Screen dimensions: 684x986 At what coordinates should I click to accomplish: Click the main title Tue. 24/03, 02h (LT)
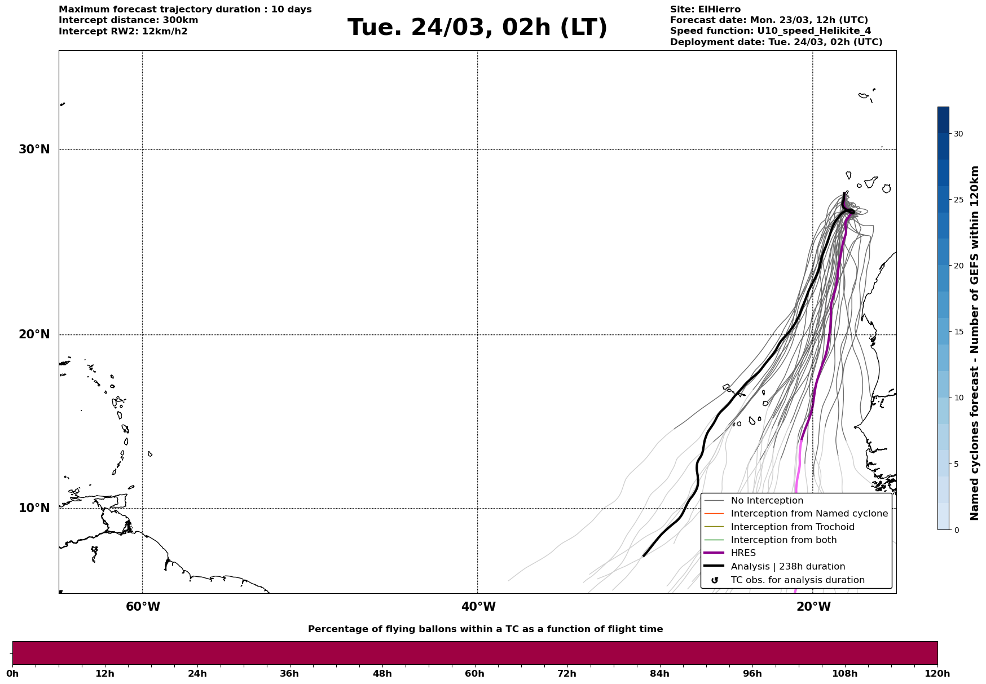coord(477,28)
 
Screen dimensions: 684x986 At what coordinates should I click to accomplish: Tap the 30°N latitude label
coord(34,149)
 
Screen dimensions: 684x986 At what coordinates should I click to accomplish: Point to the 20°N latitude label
coord(34,334)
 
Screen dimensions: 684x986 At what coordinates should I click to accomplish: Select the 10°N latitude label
coord(34,508)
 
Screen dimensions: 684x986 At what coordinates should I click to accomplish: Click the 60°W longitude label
coord(143,607)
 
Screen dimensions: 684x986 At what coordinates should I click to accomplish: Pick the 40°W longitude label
coord(478,607)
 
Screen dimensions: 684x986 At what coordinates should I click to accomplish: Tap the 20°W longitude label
coord(813,607)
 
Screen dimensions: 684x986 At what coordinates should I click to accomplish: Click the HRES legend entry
coord(743,553)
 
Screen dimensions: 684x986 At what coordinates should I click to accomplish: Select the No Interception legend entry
coord(767,501)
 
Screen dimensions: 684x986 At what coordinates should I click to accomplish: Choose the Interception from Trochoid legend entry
coord(792,527)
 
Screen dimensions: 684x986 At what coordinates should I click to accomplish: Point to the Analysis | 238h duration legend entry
coord(787,567)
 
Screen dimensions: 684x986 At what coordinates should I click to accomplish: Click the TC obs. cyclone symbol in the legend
coord(715,580)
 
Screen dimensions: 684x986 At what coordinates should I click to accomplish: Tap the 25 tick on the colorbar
coord(958,200)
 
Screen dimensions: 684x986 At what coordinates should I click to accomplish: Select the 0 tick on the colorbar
coord(956,530)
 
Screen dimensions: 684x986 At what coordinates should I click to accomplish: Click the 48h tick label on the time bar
coord(382,673)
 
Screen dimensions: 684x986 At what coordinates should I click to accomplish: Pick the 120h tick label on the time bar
coord(937,673)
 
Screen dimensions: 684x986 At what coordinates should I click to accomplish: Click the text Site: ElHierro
coord(705,10)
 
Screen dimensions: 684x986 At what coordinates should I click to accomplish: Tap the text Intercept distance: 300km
coord(129,20)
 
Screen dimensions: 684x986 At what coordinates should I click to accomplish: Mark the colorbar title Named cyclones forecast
coord(974,343)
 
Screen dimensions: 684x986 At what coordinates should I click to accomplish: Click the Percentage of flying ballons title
coord(485,629)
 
